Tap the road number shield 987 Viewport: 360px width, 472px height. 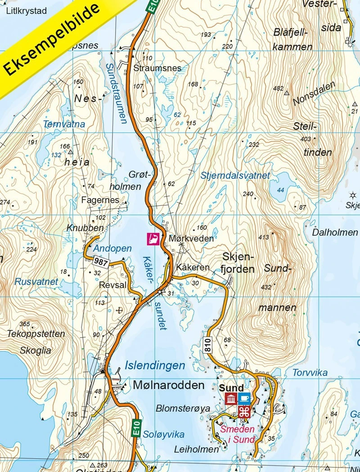click(101, 261)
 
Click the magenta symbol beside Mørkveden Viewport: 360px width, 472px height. click(153, 239)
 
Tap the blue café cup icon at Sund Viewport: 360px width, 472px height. click(244, 398)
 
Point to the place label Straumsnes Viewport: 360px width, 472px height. click(157, 68)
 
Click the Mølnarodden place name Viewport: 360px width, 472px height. click(168, 385)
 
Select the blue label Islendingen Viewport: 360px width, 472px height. click(155, 365)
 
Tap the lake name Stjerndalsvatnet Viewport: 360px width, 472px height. click(235, 175)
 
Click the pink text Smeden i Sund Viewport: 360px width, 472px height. click(237, 434)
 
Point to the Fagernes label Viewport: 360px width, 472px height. click(100, 200)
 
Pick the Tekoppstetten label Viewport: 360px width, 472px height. click(36, 334)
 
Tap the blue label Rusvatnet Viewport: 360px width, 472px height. click(36, 282)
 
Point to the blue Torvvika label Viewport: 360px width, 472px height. click(310, 373)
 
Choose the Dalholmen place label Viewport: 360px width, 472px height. click(335, 233)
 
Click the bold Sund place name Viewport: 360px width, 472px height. click(231, 387)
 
